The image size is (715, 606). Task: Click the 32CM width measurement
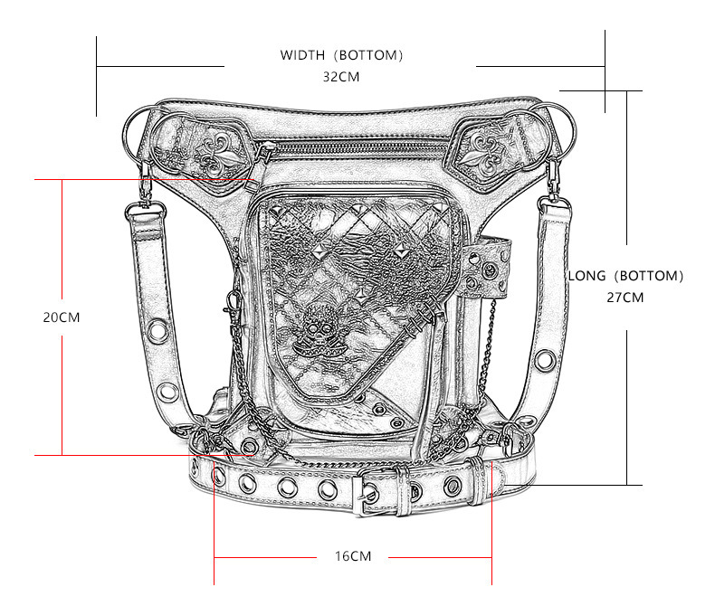(341, 77)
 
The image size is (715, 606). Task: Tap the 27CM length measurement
(624, 297)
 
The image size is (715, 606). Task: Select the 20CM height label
(62, 317)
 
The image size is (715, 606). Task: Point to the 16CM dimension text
(353, 556)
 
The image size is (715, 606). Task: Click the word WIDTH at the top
(302, 55)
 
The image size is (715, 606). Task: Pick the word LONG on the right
(586, 276)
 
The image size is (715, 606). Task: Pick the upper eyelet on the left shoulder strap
(157, 331)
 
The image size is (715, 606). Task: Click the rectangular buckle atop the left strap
(146, 211)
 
